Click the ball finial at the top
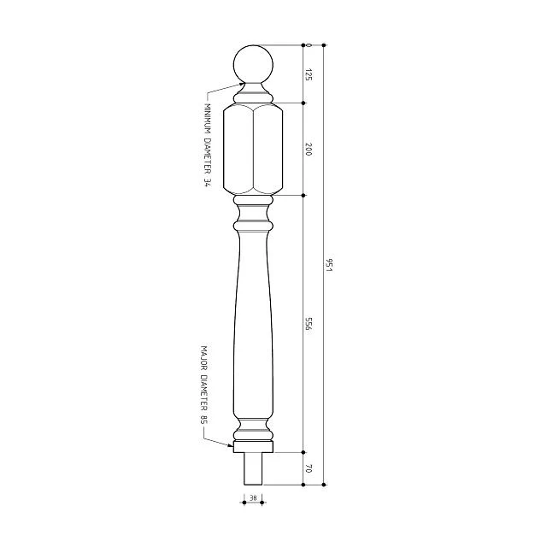pos(253,65)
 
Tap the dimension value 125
pos(308,74)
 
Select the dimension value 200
pos(308,149)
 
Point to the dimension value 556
pos(308,324)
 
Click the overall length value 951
pos(329,265)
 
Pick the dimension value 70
pos(308,468)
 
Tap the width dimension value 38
pos(253,497)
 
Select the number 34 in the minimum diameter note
pos(207,183)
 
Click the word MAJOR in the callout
pos(204,358)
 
